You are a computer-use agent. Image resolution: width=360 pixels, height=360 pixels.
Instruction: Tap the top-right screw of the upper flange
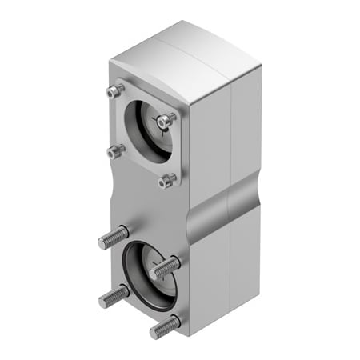coord(166,121)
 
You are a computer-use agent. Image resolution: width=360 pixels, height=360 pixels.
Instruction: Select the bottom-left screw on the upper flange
coord(116,150)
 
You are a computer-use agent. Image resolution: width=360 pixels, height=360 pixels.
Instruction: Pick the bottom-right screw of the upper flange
coord(166,181)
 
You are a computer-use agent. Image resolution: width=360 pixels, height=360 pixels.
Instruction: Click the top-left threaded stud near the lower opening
coord(113,238)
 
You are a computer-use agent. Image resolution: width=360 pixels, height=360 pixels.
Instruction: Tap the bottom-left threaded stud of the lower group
coord(113,297)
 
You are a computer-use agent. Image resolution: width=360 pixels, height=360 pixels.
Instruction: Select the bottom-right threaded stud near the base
coord(164,326)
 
